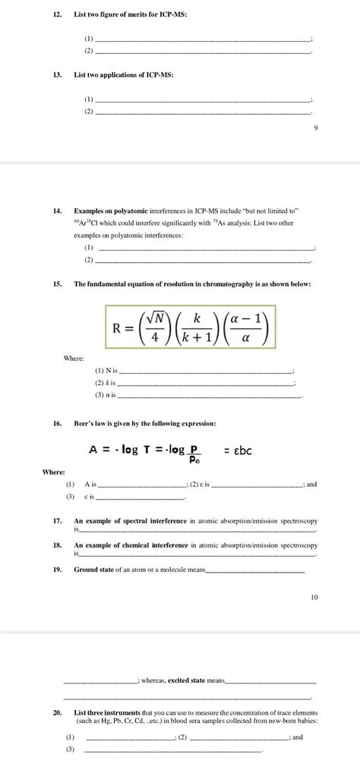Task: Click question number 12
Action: (57, 14)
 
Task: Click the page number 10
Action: (314, 597)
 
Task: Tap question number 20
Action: (57, 713)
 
